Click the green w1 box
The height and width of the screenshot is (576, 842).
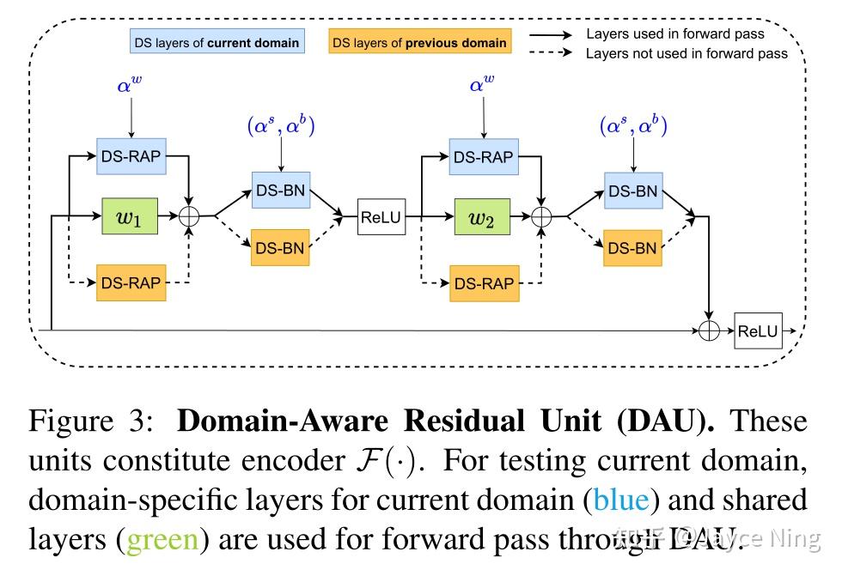pyautogui.click(x=131, y=218)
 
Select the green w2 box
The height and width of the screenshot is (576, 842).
pyautogui.click(x=482, y=218)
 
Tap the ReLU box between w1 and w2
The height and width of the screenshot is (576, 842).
pyautogui.click(x=381, y=218)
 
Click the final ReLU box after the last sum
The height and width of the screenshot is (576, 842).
pyautogui.click(x=758, y=331)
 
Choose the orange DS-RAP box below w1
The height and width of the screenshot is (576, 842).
pyautogui.click(x=131, y=282)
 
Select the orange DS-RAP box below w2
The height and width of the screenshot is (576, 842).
pyautogui.click(x=483, y=282)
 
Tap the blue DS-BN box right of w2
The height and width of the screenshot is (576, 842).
pyautogui.click(x=632, y=191)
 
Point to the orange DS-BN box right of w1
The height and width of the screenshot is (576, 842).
pyautogui.click(x=280, y=248)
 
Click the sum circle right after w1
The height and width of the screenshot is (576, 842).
pyautogui.click(x=189, y=218)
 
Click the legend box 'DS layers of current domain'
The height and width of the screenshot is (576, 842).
pyautogui.click(x=217, y=42)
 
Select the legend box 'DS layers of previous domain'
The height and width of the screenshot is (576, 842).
pyautogui.click(x=419, y=42)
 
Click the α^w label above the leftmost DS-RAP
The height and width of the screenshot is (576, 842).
pyautogui.click(x=131, y=85)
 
